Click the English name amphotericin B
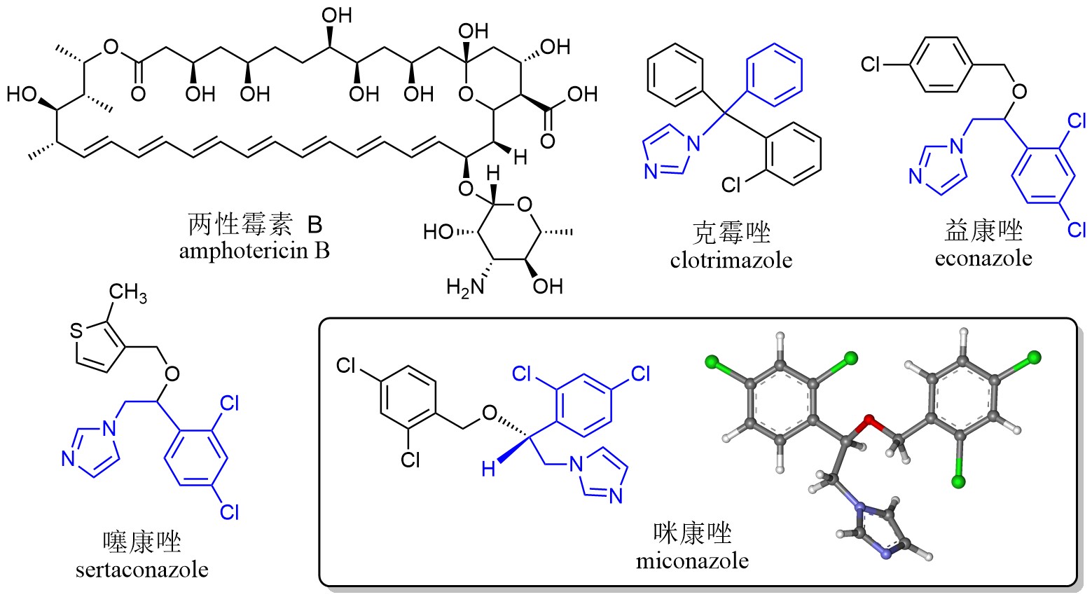[254, 251]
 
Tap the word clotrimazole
[731, 261]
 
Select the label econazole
[983, 258]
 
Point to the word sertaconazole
[141, 569]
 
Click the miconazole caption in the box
[692, 561]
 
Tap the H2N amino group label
[463, 287]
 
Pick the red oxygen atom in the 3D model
[870, 422]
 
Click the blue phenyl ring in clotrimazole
[775, 69]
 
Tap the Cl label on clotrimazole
[731, 184]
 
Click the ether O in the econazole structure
[1019, 90]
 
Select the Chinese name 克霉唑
[731, 233]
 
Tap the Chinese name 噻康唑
[141, 542]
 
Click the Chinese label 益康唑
[983, 231]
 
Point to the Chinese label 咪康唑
[692, 533]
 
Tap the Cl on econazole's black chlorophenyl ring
[871, 65]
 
